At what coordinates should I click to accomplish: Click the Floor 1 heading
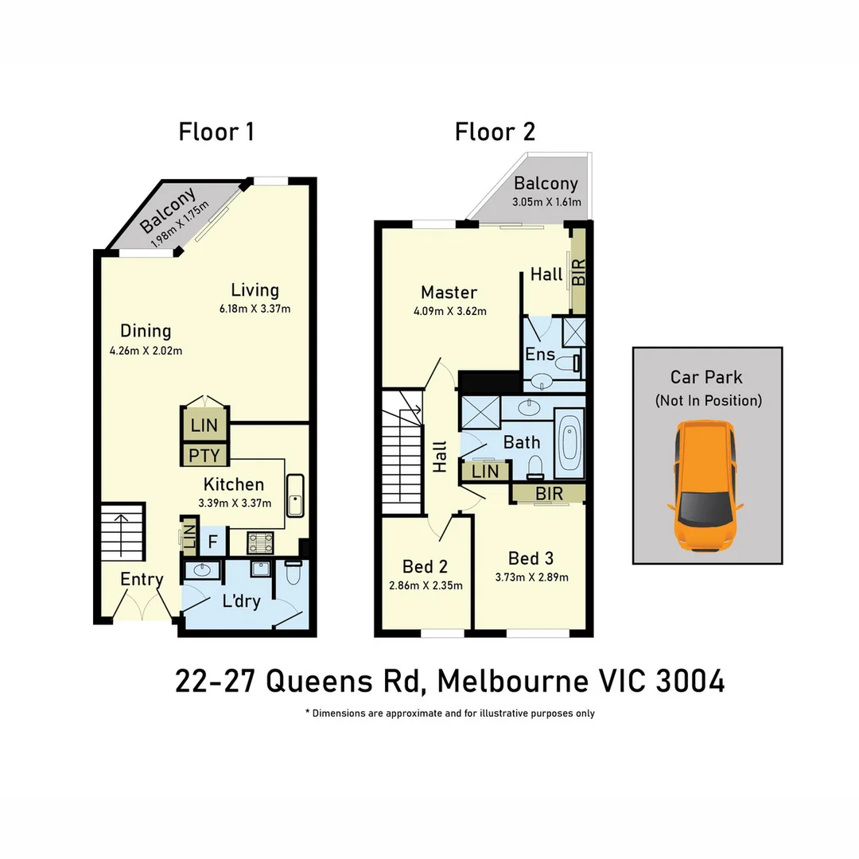pos(216,131)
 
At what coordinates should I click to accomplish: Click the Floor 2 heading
pos(495,131)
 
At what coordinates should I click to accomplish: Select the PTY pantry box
pos(204,456)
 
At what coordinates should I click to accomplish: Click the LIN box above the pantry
pos(204,425)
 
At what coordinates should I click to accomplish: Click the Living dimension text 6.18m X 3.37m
pos(255,309)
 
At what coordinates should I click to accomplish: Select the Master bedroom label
pos(449,293)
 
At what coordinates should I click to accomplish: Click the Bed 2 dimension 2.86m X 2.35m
pos(426,585)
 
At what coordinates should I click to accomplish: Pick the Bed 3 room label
pos(531,558)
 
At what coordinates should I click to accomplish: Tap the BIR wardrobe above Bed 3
pos(549,494)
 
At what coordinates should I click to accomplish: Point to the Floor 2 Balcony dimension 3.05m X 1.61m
pos(546,203)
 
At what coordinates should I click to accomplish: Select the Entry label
pos(142,579)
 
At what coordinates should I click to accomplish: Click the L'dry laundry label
pos(241,601)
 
